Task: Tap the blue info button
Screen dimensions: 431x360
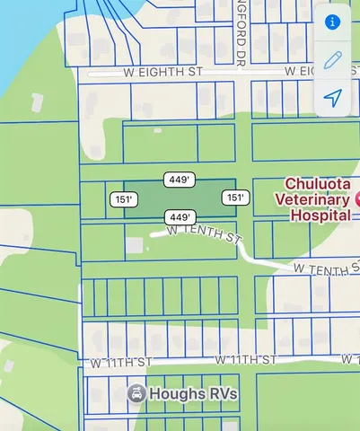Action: [x=333, y=22]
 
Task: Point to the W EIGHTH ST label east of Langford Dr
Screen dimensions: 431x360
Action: [x=315, y=70]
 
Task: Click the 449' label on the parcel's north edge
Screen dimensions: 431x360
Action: [x=180, y=180]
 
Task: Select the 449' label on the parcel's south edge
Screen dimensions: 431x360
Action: [x=180, y=217]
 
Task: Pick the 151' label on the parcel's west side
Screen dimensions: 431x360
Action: [x=124, y=198]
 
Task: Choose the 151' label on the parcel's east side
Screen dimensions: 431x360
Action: [x=235, y=198]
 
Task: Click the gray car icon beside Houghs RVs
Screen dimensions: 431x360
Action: [x=136, y=393]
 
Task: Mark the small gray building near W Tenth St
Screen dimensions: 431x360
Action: [x=133, y=244]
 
